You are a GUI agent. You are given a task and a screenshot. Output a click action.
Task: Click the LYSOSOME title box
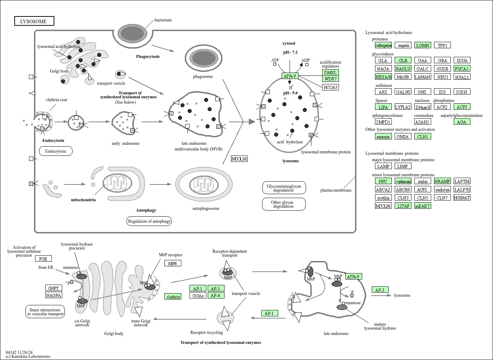pos(34,21)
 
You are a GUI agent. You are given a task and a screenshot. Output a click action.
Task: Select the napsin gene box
pos(403,45)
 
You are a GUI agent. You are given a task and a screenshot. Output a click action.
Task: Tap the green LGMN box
pos(423,45)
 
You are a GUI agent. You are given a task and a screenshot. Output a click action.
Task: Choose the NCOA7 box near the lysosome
pos(330,87)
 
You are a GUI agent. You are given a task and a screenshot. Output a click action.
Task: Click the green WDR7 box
pos(330,79)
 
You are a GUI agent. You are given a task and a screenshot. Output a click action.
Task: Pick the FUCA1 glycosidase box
pos(462,69)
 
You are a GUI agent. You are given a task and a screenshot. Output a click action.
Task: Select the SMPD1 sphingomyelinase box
pos(383,122)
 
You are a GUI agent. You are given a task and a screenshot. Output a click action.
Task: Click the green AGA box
pos(462,122)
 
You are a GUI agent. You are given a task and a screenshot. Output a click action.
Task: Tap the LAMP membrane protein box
pos(383,166)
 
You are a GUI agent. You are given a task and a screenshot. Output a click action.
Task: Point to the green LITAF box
pos(403,206)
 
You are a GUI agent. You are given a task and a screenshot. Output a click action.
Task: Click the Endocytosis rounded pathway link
pos(56,151)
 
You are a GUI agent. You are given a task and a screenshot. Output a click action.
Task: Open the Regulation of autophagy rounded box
pos(149,221)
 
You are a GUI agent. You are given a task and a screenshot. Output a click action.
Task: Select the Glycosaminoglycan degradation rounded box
pos(284,188)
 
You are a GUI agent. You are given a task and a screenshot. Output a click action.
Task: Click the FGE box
pos(43,258)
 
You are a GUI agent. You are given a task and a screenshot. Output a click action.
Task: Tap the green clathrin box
pos(173,297)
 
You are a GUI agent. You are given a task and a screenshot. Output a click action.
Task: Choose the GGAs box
pos(198,296)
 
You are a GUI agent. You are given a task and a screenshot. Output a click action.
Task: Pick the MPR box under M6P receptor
pos(173,263)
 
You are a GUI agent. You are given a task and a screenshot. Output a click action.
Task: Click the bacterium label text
pos(163,20)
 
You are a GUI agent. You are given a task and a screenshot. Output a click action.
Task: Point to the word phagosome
pos(203,77)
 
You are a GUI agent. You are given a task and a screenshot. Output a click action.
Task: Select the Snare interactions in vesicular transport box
pos(45,312)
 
